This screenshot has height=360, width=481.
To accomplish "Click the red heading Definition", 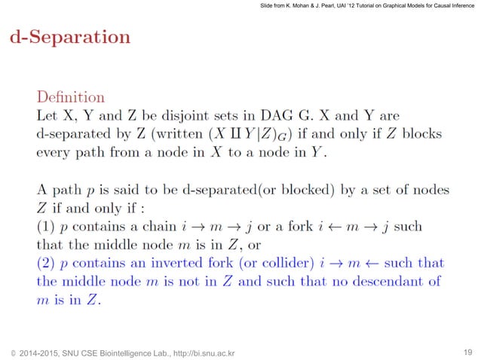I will [71, 97].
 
